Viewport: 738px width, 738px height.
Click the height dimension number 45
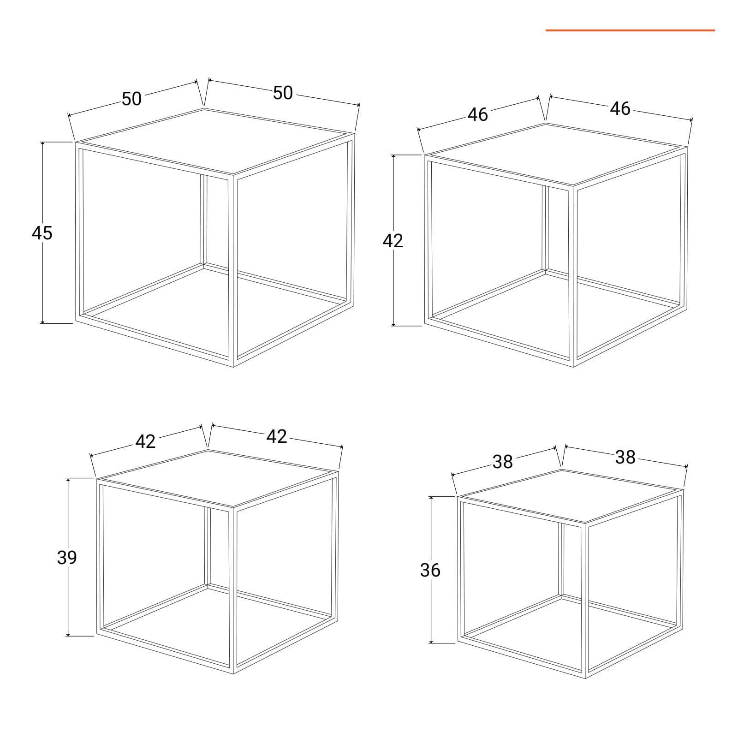pyautogui.click(x=42, y=233)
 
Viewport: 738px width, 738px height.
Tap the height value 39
pyautogui.click(x=67, y=558)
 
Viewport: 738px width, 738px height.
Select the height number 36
pyautogui.click(x=430, y=571)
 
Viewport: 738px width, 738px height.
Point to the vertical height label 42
pyautogui.click(x=393, y=241)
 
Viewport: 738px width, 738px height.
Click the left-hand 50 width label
pyautogui.click(x=132, y=99)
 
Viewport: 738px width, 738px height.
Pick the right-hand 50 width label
pyautogui.click(x=283, y=93)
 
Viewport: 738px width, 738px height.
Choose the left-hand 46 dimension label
pyautogui.click(x=477, y=115)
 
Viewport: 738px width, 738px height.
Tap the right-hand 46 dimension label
pyautogui.click(x=620, y=109)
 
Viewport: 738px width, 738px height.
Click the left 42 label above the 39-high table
pyautogui.click(x=146, y=442)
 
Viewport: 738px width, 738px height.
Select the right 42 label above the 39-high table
pyautogui.click(x=277, y=436)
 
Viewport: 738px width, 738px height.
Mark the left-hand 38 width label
pyautogui.click(x=502, y=462)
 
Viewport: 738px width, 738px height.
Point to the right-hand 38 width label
pyautogui.click(x=625, y=457)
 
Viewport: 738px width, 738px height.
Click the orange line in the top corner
pyautogui.click(x=630, y=30)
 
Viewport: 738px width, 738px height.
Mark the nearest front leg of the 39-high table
pyautogui.click(x=232, y=590)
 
